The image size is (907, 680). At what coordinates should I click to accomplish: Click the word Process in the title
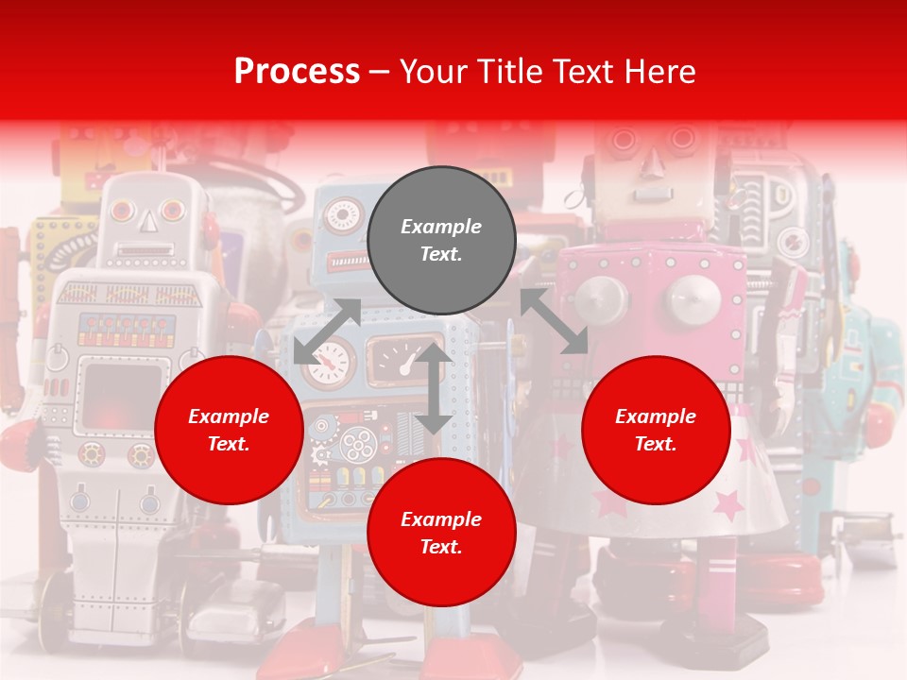(x=297, y=71)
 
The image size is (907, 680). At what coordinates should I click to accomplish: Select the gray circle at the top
(x=441, y=240)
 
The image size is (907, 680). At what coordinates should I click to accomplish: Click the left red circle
(x=229, y=430)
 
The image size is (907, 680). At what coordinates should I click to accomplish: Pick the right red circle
(x=656, y=430)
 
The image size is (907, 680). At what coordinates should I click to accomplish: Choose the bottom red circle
(x=441, y=533)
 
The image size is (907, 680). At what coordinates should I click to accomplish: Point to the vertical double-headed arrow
(x=434, y=388)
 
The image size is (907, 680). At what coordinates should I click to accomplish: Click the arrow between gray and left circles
(x=327, y=331)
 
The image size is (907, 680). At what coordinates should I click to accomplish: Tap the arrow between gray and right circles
(x=555, y=321)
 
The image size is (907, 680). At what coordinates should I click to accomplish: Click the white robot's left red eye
(x=121, y=210)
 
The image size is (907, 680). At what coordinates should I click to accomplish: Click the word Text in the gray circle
(x=440, y=254)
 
